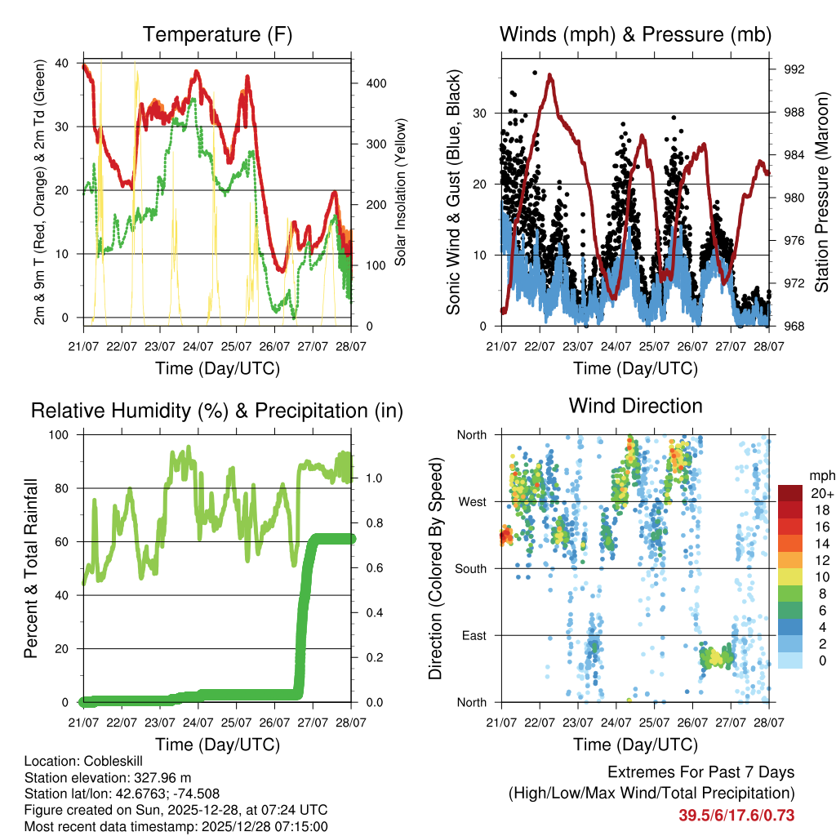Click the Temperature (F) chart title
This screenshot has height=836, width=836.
[x=217, y=34]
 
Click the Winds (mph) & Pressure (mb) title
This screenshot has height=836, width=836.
[x=636, y=34]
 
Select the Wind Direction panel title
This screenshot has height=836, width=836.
[x=635, y=406]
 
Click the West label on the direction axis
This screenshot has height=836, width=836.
[x=472, y=501]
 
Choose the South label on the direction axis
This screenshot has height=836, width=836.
[x=470, y=568]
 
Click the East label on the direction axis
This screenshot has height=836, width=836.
[x=474, y=635]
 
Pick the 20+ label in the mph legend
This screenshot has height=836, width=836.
[x=820, y=493]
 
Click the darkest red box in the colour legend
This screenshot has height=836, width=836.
[x=789, y=493]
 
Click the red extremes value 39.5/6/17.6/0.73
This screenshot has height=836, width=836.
[x=736, y=816]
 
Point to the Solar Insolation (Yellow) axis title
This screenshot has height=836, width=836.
[x=401, y=192]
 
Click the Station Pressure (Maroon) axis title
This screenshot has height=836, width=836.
[x=822, y=192]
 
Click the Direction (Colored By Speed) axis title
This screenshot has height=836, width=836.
[x=435, y=568]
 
